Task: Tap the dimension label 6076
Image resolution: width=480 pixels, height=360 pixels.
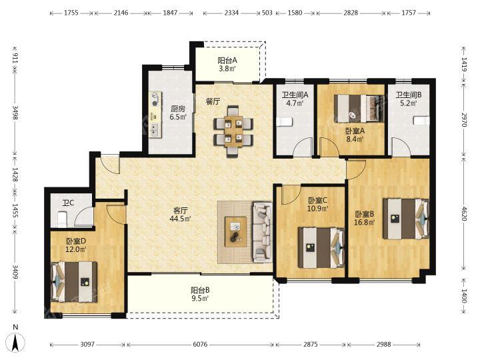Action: (200, 345)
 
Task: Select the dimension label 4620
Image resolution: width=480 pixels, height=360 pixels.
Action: (465, 214)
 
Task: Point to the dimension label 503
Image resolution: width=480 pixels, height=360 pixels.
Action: (267, 13)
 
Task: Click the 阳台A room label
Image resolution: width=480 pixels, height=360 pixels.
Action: (227, 60)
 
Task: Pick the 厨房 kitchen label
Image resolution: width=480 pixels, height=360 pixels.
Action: (178, 109)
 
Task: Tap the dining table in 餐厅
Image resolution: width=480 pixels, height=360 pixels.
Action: (233, 131)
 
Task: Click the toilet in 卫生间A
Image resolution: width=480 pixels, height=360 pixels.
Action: (285, 122)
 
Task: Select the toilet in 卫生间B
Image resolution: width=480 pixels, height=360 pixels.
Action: (421, 120)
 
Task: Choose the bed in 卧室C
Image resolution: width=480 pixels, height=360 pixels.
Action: (322, 247)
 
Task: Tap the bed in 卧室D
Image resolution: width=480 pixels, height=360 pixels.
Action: (74, 282)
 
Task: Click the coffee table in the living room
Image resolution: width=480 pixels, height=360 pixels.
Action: (235, 232)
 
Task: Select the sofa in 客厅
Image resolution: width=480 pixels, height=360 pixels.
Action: (263, 232)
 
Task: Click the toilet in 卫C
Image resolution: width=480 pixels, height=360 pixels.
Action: (62, 219)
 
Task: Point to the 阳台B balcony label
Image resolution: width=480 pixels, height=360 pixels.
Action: (200, 290)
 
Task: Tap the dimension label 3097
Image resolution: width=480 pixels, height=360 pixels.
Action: (87, 345)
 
